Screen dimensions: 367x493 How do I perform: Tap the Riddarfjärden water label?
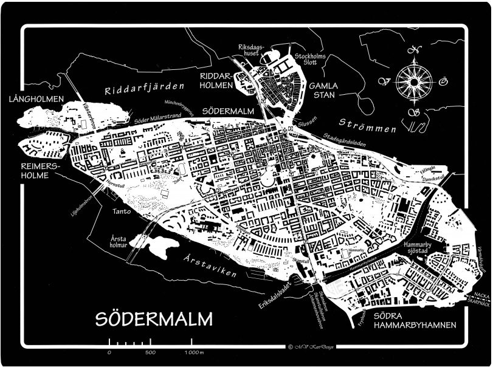pyautogui.click(x=143, y=90)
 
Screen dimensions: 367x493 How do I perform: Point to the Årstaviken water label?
pyautogui.click(x=209, y=266)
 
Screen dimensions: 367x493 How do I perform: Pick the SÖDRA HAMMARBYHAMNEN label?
pyautogui.click(x=415, y=321)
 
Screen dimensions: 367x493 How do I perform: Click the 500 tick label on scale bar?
pyautogui.click(x=151, y=352)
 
